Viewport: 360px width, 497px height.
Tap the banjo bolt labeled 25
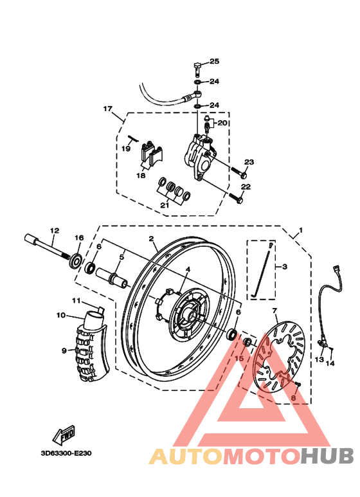(197, 66)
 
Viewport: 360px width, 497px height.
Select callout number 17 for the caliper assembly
(107, 109)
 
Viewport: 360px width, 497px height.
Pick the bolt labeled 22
(238, 200)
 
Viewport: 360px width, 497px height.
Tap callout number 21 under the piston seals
(165, 205)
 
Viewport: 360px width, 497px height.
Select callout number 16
(79, 238)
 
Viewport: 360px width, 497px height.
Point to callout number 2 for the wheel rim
(151, 239)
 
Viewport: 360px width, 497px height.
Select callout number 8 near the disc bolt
(293, 399)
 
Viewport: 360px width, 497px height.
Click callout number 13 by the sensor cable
(319, 359)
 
